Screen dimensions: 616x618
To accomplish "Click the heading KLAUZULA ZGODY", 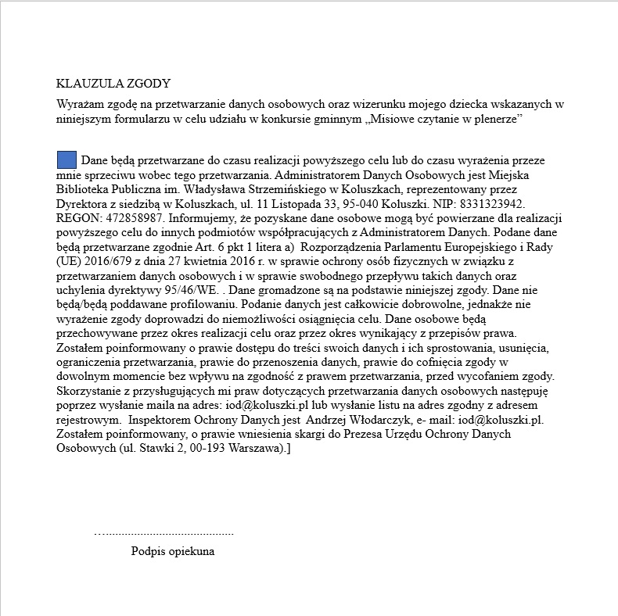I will pos(113,84).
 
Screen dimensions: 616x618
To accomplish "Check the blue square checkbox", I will pos(67,160).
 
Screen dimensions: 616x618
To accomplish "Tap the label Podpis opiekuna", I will pos(173,551).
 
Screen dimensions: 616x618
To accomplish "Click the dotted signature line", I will pos(163,534).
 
